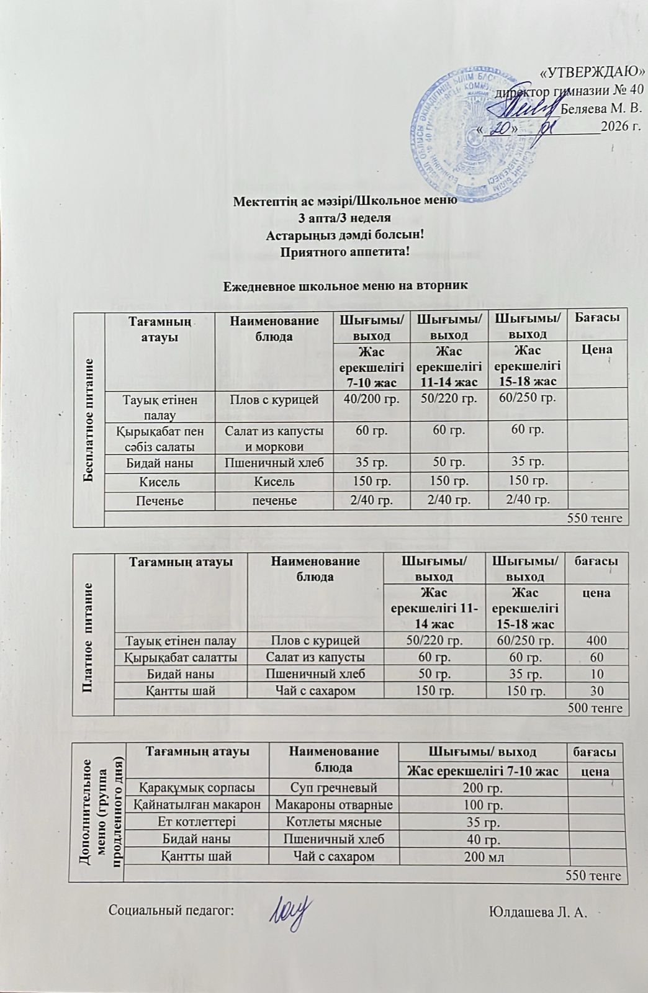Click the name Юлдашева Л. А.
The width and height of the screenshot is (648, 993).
coord(538,911)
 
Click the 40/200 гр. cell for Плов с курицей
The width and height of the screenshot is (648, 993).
coord(371,399)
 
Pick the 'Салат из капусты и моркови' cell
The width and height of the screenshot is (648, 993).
coord(274,438)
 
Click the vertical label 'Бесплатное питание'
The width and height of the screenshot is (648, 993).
coord(89,416)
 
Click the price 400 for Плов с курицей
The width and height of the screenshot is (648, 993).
coord(596,640)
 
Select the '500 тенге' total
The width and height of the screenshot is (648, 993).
coord(595,707)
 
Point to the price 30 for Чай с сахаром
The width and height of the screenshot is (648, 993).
coord(596,690)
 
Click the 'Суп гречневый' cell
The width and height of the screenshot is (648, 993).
coord(333,788)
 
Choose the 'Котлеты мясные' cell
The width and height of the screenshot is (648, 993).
coord(333,822)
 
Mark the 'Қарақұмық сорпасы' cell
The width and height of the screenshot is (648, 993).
coord(197,788)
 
